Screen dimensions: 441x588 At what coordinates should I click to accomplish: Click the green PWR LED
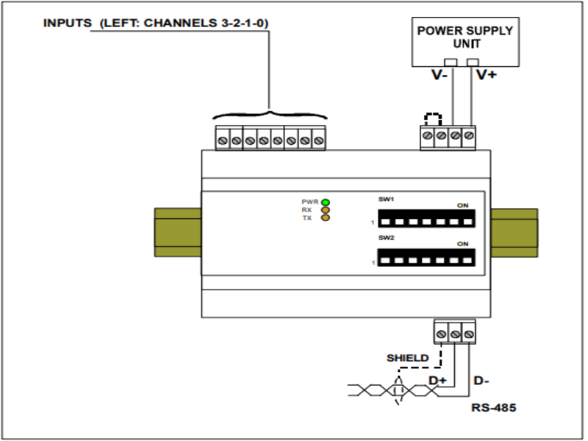pyautogui.click(x=325, y=201)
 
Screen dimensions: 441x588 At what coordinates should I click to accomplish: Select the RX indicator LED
pyautogui.click(x=325, y=209)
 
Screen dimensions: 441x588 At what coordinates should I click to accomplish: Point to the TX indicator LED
pyautogui.click(x=325, y=218)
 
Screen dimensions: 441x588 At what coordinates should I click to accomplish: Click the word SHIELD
pyautogui.click(x=408, y=358)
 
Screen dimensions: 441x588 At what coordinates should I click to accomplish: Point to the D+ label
pyautogui.click(x=438, y=380)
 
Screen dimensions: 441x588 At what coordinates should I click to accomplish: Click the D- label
pyautogui.click(x=482, y=381)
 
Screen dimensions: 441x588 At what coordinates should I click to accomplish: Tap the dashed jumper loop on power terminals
pyautogui.click(x=434, y=118)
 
